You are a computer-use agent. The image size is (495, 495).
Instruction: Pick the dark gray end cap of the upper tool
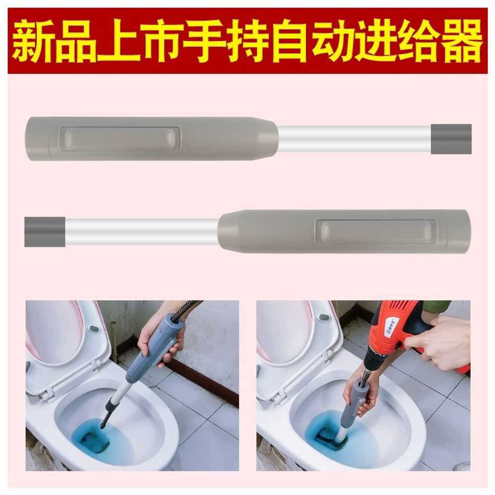coord(451,139)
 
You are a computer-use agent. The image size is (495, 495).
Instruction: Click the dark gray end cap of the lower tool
coord(45,232)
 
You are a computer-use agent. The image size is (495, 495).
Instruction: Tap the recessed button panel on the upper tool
coord(120,139)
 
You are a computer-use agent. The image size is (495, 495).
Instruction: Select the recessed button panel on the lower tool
coord(376,232)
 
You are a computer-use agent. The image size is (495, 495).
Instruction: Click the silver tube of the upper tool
coord(354,139)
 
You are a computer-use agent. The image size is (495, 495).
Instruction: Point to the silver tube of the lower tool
coord(142,232)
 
